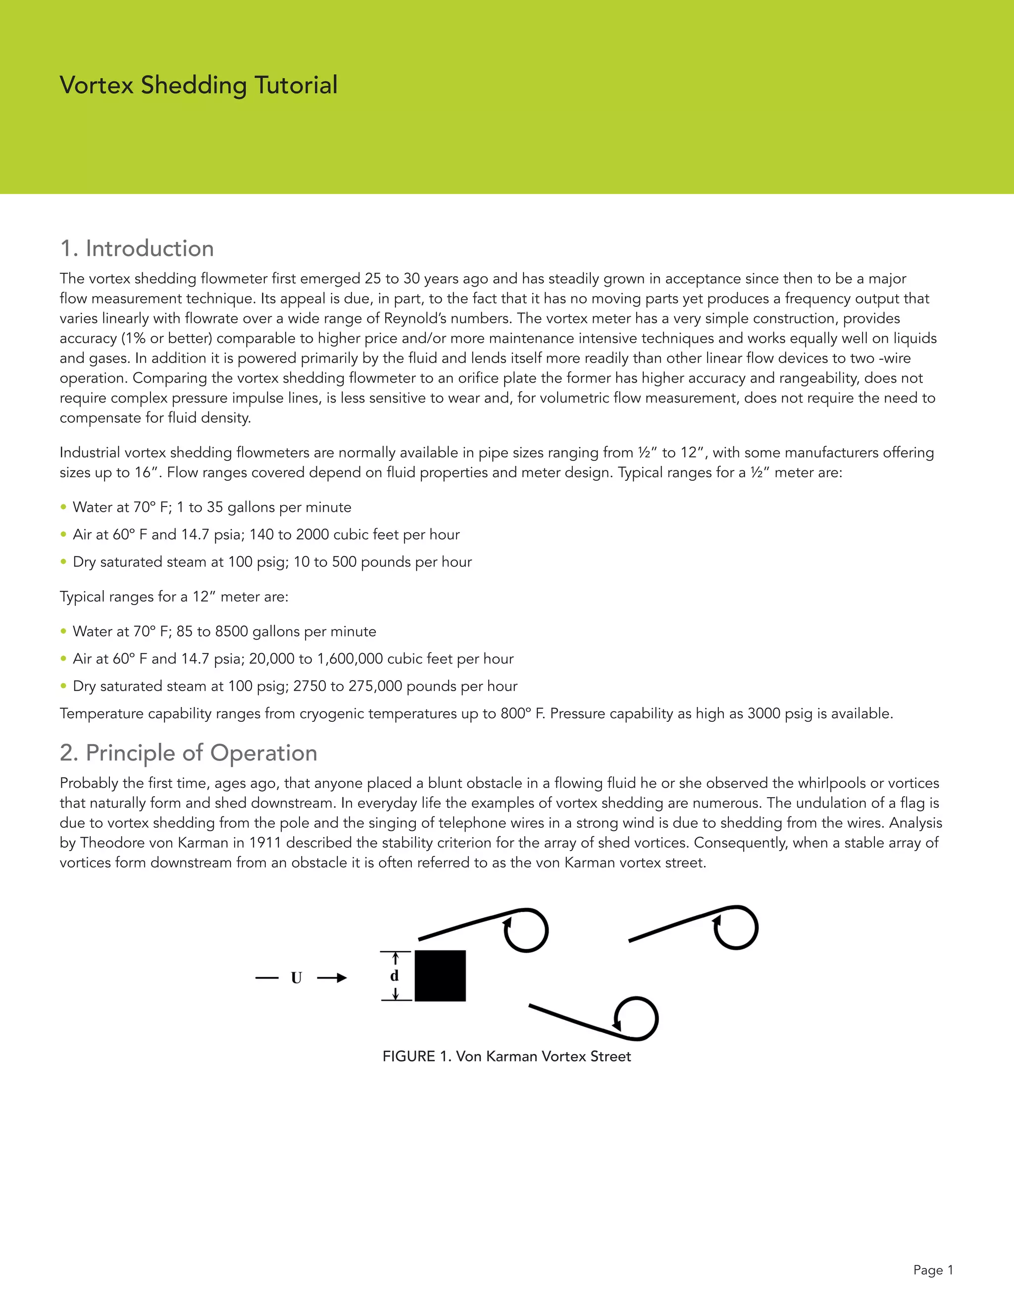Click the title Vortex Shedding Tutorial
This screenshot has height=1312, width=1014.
[198, 85]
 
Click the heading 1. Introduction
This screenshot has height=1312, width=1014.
[137, 248]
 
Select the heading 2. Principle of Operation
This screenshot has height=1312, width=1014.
[188, 753]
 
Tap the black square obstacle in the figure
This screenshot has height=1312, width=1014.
[440, 976]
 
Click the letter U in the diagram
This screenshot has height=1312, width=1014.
[296, 978]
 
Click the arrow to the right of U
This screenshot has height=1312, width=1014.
[332, 978]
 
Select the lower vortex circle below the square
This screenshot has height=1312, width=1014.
[636, 1019]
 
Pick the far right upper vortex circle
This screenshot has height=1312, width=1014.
[736, 927]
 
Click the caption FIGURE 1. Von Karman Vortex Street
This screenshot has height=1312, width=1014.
[507, 1056]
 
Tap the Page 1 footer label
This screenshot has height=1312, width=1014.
[933, 1270]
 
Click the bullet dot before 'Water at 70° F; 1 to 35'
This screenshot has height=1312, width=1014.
[63, 507]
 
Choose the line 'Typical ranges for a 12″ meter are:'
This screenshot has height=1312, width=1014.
[174, 597]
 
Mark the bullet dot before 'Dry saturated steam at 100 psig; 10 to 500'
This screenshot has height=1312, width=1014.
[63, 562]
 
